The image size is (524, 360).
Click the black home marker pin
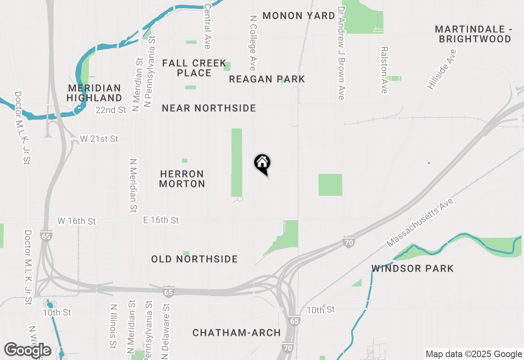262,164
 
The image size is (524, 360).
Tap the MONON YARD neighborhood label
299,16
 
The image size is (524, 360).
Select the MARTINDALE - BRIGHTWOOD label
473,34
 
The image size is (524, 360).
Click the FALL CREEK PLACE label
194,68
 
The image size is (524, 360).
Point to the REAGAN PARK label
267,79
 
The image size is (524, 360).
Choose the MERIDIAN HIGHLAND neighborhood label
95,93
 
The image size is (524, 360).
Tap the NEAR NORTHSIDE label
209,108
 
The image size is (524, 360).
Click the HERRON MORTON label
182,179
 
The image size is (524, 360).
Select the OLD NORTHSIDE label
194,259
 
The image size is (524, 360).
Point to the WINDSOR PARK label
413,268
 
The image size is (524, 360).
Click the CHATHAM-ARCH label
237,333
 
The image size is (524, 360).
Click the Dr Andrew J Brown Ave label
341,52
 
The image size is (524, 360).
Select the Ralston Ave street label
384,70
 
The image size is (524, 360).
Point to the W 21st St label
99,139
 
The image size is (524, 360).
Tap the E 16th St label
161,220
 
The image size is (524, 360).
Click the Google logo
27,350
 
